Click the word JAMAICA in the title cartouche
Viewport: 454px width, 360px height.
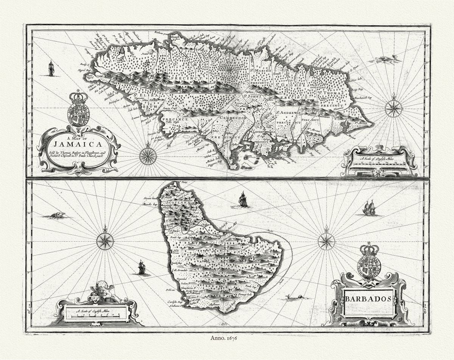[x=78, y=144]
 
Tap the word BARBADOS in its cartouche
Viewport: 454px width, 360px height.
[x=368, y=299]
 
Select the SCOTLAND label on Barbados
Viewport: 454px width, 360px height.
[x=176, y=203]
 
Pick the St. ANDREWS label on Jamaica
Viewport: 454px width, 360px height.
[x=288, y=113]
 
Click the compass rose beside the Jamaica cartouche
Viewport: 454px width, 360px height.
[x=148, y=156]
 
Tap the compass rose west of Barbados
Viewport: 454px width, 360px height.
[x=105, y=241]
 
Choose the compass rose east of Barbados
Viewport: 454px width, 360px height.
[x=326, y=241]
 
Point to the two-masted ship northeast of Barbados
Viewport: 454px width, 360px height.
[x=369, y=208]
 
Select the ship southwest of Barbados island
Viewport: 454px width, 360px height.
[x=141, y=267]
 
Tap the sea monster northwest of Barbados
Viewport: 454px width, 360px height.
[x=56, y=216]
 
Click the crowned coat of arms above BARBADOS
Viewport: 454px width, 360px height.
[x=369, y=261]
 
